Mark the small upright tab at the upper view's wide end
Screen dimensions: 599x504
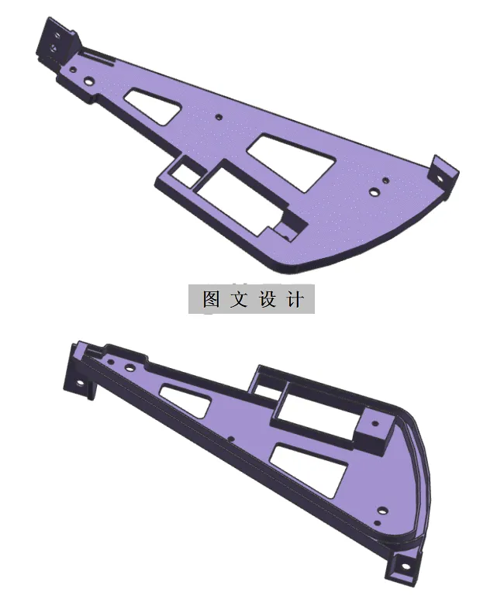tap(442, 173)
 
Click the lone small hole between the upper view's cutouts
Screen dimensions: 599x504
tap(219, 117)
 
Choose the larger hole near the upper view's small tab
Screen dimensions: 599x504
tap(374, 189)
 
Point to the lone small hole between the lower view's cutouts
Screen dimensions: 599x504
tap(231, 438)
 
